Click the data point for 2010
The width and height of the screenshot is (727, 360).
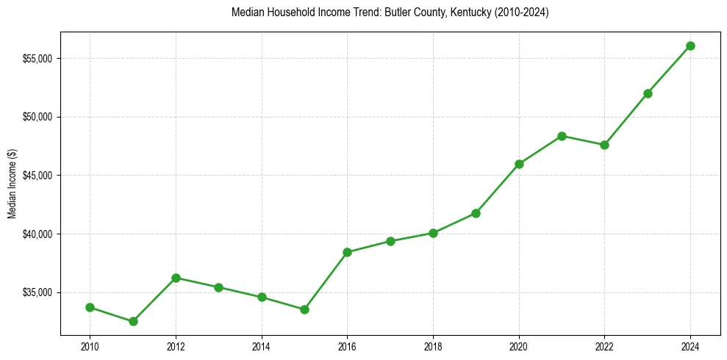pyautogui.click(x=90, y=307)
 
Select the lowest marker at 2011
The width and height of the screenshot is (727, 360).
pyautogui.click(x=133, y=321)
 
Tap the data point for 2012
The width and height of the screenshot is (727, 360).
pyautogui.click(x=176, y=278)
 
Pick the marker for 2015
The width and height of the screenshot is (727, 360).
pyautogui.click(x=304, y=309)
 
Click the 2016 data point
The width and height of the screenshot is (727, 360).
pyautogui.click(x=347, y=252)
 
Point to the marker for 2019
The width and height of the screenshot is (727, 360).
pyautogui.click(x=476, y=213)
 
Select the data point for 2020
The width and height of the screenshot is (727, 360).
pyautogui.click(x=519, y=164)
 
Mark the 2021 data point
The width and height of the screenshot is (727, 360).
pyautogui.click(x=562, y=136)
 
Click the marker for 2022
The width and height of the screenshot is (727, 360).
pyautogui.click(x=604, y=145)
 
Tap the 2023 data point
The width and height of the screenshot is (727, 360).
pyautogui.click(x=648, y=93)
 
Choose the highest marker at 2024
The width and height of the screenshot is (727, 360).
pyautogui.click(x=690, y=46)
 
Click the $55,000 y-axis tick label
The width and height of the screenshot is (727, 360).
pyautogui.click(x=37, y=59)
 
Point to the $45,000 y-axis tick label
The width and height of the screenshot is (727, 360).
pyautogui.click(x=37, y=176)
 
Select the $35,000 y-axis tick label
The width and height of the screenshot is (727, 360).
pyautogui.click(x=37, y=292)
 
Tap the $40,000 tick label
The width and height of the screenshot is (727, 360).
pyautogui.click(x=37, y=234)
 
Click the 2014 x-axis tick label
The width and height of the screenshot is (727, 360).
pyautogui.click(x=262, y=345)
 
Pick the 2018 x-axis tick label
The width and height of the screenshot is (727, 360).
pyautogui.click(x=433, y=345)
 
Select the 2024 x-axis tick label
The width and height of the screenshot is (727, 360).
pyautogui.click(x=690, y=345)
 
